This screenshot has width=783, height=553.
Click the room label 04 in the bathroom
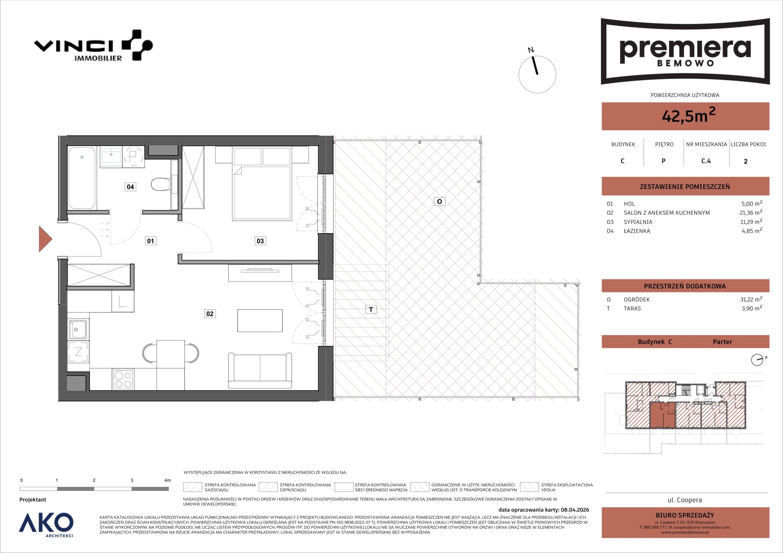(x=130, y=187)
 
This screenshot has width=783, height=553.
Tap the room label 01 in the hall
(x=150, y=241)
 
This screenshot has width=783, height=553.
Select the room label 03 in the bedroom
(x=260, y=241)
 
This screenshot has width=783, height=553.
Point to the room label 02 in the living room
(x=210, y=313)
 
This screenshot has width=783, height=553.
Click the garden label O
(x=439, y=201)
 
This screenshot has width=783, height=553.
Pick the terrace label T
(x=371, y=309)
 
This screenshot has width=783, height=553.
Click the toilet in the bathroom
(x=161, y=184)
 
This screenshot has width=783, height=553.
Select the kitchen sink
(x=78, y=329)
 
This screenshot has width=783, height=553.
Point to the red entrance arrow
(x=45, y=239)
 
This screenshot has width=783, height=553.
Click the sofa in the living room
(x=260, y=371)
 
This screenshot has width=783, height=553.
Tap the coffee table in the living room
(x=260, y=320)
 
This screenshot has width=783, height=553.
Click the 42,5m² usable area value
(x=688, y=115)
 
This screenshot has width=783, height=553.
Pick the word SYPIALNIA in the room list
(x=638, y=222)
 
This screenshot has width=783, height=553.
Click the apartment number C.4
(x=706, y=161)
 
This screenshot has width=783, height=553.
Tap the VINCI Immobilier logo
(x=93, y=46)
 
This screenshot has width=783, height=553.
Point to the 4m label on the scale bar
(x=167, y=480)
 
